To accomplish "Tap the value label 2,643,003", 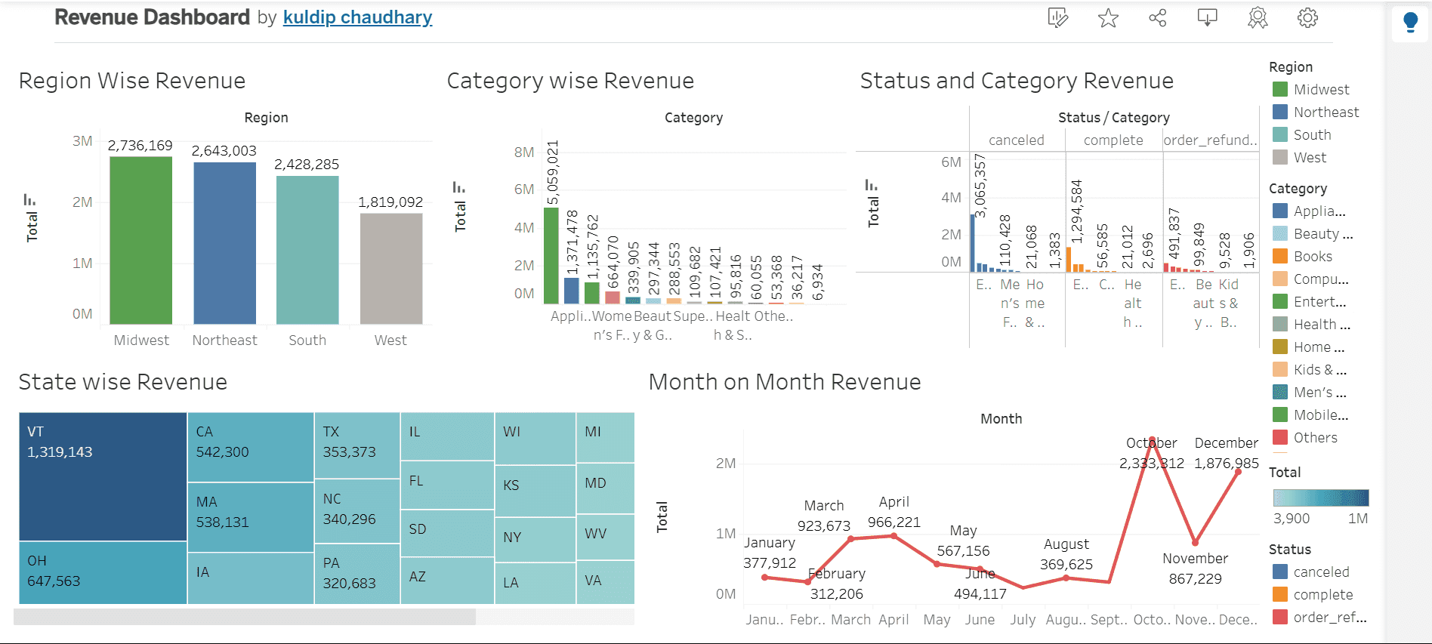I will (x=224, y=151).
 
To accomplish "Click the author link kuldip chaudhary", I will (x=357, y=17).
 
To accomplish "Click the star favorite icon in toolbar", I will (x=1108, y=18).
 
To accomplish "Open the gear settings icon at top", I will (x=1307, y=18).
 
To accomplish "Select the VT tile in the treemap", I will (x=103, y=476).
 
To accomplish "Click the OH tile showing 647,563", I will (x=103, y=572).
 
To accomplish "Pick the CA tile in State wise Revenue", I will (x=250, y=446).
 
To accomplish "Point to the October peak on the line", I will (x=1152, y=440).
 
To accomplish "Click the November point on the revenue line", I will (x=1195, y=542).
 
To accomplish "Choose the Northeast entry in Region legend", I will (x=1326, y=112).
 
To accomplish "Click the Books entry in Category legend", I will (x=1313, y=257).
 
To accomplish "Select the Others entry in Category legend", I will (x=1315, y=438).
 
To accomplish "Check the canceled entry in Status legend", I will (x=1321, y=572).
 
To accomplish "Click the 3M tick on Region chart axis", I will (x=82, y=141).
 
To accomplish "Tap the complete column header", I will (x=1113, y=140).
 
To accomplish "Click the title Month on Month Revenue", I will (x=785, y=382).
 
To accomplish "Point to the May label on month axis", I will (x=937, y=620).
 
